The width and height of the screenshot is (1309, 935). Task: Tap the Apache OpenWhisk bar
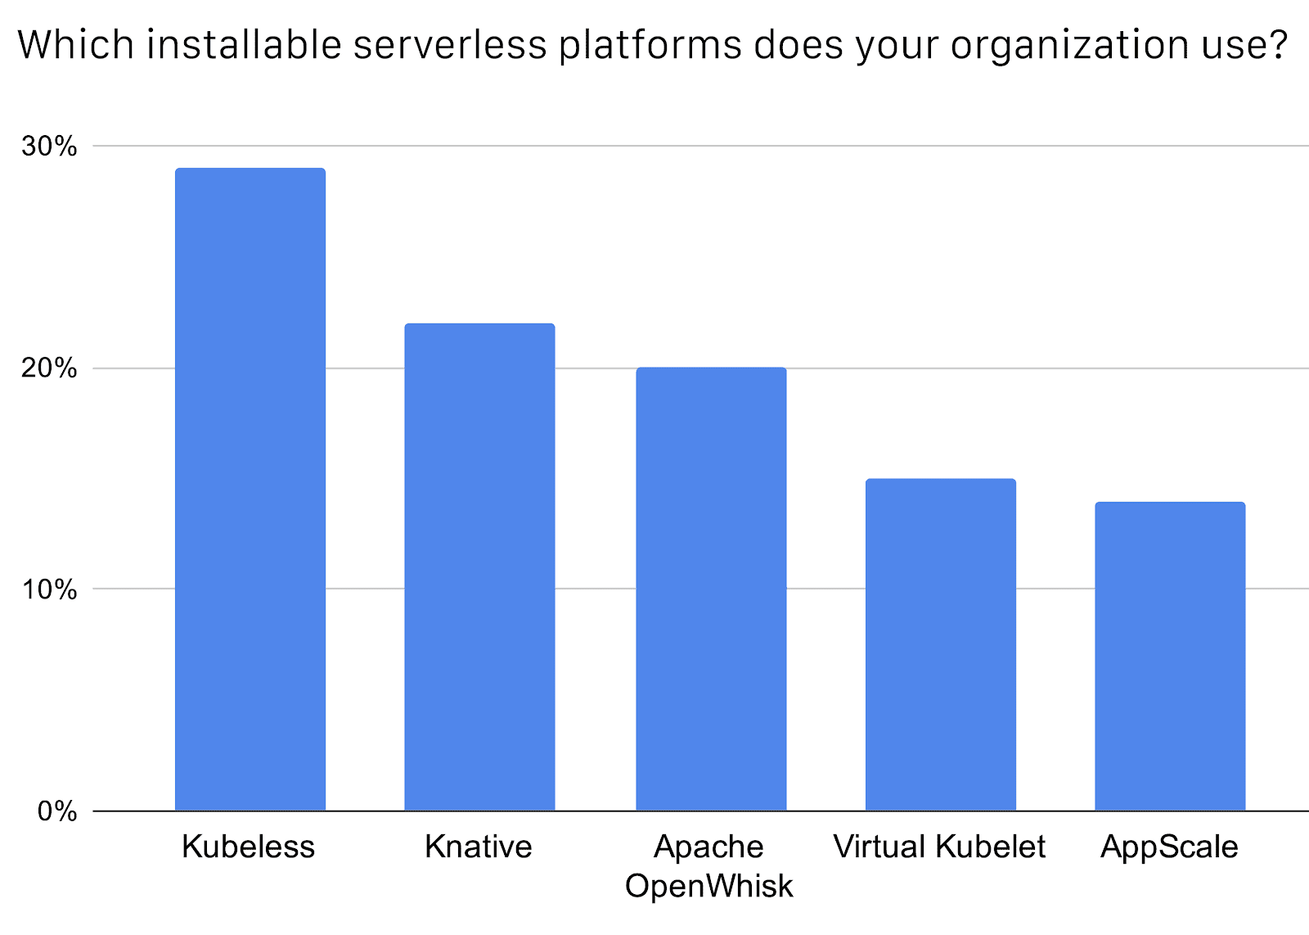coord(711,589)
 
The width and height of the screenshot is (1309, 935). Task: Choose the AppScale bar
coord(1170,656)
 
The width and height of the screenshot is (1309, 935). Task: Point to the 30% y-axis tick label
coord(50,147)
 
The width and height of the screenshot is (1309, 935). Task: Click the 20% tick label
coord(50,368)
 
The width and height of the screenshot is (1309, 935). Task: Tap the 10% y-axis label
coord(50,589)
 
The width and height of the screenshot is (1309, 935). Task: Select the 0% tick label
coord(57,811)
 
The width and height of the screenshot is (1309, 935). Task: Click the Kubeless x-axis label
coord(248,847)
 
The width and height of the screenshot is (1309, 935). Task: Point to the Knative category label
coord(479,847)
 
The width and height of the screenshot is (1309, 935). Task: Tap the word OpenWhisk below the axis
coord(709,886)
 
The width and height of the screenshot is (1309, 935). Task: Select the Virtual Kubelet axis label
coord(939,847)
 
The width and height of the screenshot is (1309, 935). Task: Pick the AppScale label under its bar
coord(1169,847)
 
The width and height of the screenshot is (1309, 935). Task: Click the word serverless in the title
coord(450,45)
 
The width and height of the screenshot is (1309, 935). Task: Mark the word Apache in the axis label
coord(708,847)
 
